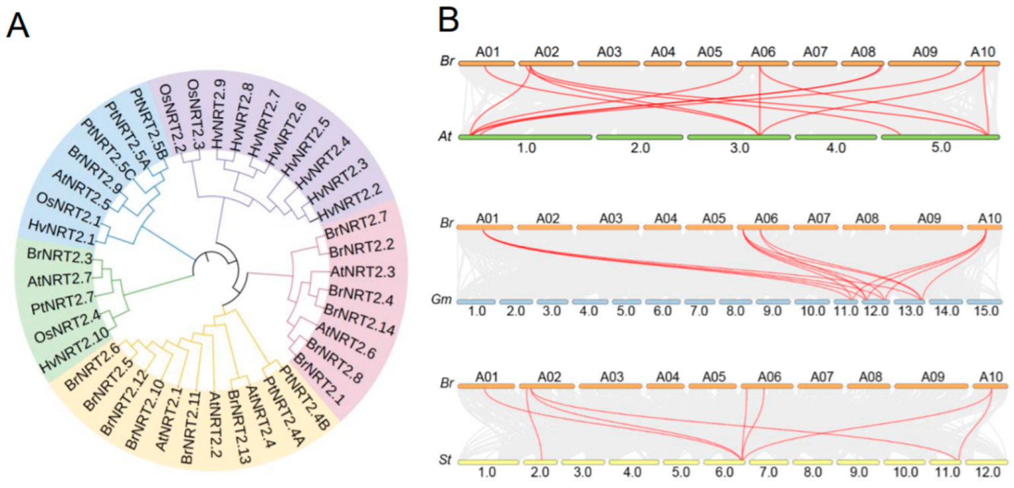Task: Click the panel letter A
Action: coord(18,28)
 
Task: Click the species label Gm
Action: coord(444,301)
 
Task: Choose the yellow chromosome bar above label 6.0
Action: coord(724,462)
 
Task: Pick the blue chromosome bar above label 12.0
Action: coord(875,301)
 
